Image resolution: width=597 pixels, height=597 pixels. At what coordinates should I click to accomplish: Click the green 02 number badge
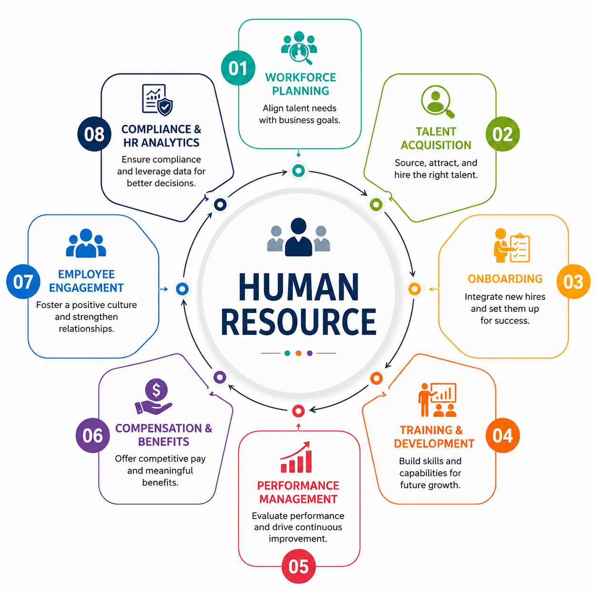(x=502, y=134)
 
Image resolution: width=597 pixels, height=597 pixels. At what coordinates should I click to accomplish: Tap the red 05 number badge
(x=298, y=567)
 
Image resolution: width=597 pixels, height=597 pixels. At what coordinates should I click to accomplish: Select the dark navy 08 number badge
(x=94, y=134)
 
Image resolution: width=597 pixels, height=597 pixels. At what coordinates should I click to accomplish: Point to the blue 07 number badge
(x=23, y=281)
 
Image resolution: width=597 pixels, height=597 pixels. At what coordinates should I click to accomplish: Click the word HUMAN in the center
(x=298, y=287)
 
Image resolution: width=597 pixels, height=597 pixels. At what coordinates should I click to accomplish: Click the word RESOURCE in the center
(x=298, y=321)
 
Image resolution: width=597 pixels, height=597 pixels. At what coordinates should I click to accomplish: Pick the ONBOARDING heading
(x=505, y=279)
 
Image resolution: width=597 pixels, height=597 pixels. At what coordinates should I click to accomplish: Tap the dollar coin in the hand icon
(x=157, y=390)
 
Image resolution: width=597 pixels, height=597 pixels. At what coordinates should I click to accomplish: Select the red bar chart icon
(x=296, y=457)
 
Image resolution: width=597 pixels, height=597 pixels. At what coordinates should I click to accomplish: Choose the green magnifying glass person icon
(x=438, y=101)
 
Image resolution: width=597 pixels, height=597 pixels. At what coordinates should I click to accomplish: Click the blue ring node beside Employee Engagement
(x=182, y=289)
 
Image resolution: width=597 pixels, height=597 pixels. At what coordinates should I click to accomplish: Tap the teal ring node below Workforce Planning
(x=298, y=170)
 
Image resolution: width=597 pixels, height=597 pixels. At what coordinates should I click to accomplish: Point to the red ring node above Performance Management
(x=298, y=411)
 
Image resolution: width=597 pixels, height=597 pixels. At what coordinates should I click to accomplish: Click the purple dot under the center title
(x=309, y=353)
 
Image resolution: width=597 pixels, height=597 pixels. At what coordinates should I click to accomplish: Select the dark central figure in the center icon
(x=298, y=237)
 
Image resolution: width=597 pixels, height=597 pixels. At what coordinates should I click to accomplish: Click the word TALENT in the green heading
(x=436, y=132)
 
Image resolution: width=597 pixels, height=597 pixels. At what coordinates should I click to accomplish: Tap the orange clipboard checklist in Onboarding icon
(x=519, y=248)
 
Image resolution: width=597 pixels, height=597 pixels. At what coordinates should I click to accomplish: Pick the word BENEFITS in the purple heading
(x=164, y=441)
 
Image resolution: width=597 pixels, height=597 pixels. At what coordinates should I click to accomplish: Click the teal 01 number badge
(x=238, y=68)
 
